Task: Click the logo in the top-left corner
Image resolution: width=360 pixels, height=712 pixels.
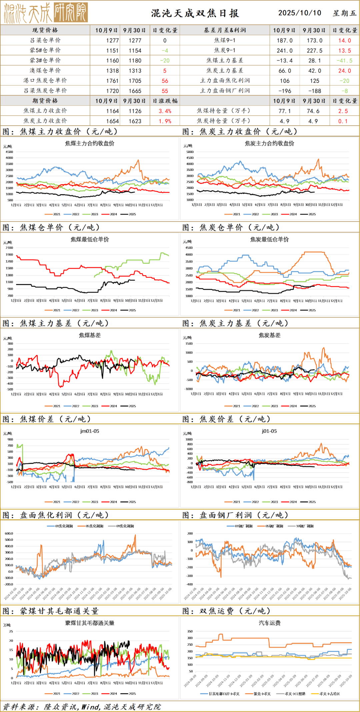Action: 46,13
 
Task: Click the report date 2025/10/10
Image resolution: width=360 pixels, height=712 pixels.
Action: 300,13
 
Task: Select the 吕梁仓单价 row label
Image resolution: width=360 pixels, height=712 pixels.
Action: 45,40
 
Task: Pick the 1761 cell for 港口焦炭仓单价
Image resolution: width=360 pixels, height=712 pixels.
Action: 112,81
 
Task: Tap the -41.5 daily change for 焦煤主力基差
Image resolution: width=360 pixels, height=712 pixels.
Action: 344,61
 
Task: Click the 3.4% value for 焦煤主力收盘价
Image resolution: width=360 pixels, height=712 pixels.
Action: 165,111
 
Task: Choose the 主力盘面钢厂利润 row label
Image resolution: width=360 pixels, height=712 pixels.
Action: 225,91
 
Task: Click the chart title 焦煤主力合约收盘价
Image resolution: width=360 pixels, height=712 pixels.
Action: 90,143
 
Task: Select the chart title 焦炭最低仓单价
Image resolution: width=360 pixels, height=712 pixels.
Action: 269,239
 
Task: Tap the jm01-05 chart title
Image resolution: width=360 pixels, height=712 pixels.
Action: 90,431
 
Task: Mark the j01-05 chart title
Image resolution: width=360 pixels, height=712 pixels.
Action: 269,431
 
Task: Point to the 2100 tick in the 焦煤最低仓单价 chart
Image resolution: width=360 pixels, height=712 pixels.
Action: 9,248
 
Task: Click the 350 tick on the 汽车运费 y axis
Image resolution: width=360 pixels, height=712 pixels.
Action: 190,631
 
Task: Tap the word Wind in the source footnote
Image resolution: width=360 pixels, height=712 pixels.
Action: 90,707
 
